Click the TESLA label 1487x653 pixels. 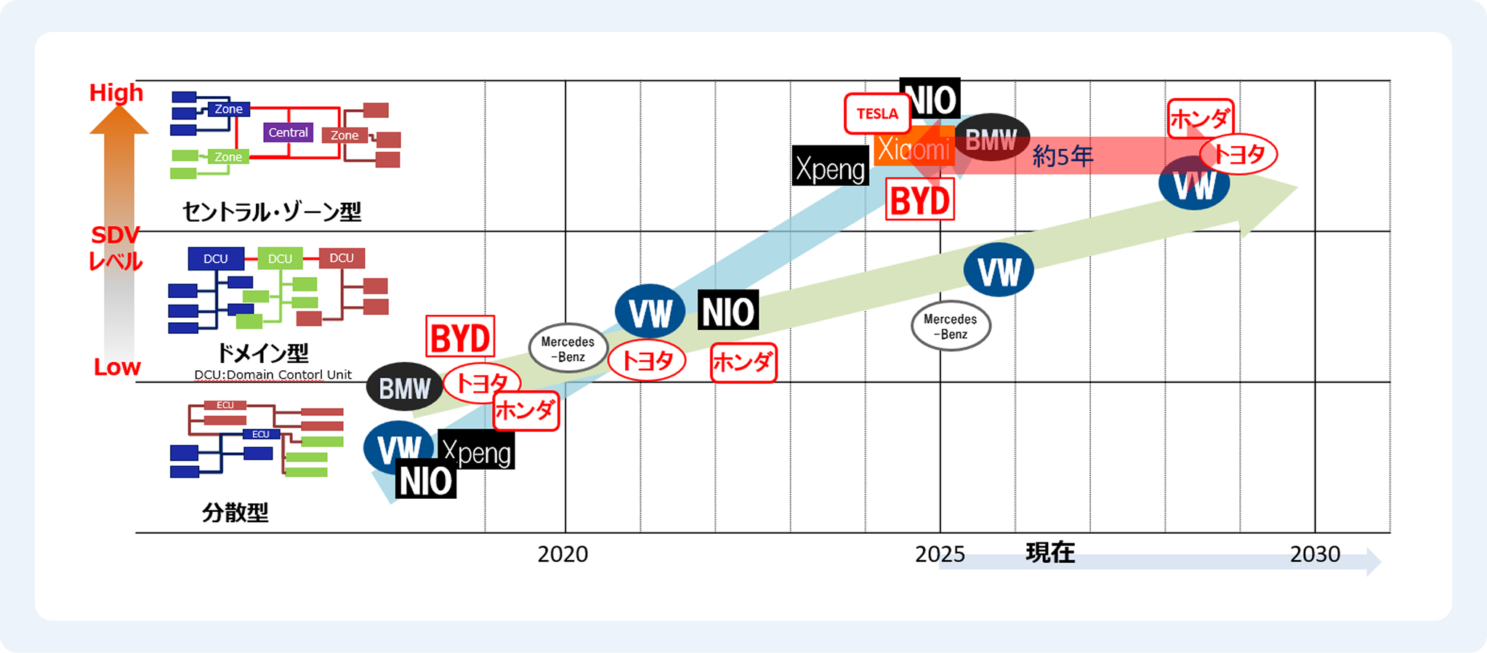[x=877, y=114]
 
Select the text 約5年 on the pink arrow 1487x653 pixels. [x=1063, y=156]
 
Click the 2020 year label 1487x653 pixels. [x=563, y=554]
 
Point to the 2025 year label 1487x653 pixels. [x=940, y=554]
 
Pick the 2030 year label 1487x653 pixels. [x=1315, y=554]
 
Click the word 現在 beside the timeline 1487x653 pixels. [x=1049, y=553]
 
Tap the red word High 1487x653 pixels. [x=116, y=93]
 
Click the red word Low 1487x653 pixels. [x=117, y=367]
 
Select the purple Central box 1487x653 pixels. [x=288, y=132]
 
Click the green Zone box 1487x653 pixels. [x=228, y=157]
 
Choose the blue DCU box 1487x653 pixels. [x=215, y=259]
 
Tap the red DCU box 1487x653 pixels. [x=342, y=258]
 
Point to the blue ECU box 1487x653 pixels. [x=260, y=434]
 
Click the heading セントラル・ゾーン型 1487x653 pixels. [x=271, y=212]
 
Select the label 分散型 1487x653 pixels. [x=235, y=513]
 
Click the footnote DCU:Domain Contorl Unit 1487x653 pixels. [x=273, y=375]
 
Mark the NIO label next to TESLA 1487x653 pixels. [x=930, y=98]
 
